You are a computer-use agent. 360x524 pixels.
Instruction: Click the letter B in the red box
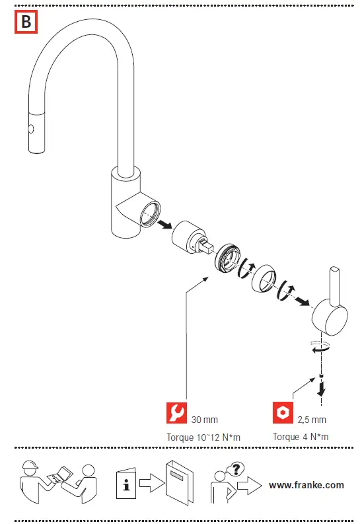click(26, 22)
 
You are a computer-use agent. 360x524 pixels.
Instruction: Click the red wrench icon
click(176, 412)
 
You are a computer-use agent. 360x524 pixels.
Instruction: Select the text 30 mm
click(204, 420)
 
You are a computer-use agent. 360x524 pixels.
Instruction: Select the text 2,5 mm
click(312, 420)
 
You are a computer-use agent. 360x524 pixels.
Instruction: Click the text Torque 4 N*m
click(301, 437)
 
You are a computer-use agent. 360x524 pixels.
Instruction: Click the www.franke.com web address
click(306, 485)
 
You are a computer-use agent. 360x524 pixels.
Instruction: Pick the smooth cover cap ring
click(264, 278)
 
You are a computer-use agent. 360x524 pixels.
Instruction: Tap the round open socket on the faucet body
click(150, 213)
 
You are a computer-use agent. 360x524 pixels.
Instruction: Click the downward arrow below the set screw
click(322, 389)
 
